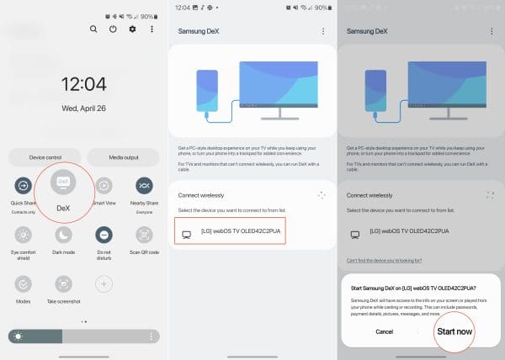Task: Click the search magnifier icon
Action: [x=93, y=29]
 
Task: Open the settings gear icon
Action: [x=132, y=29]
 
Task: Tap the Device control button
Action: [x=45, y=157]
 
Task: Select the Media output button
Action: [x=123, y=157]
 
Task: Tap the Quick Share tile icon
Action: [x=24, y=185]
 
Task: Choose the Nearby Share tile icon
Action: [x=144, y=185]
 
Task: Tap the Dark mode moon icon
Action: [x=63, y=235]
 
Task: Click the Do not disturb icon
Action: [x=104, y=235]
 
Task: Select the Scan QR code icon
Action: [x=144, y=235]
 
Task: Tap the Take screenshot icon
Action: [x=63, y=283]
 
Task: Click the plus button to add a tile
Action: [x=104, y=283]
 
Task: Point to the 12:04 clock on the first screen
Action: [x=83, y=84]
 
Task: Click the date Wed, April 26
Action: [x=83, y=109]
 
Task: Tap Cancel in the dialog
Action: [x=384, y=331]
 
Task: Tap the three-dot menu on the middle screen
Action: [x=322, y=31]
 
